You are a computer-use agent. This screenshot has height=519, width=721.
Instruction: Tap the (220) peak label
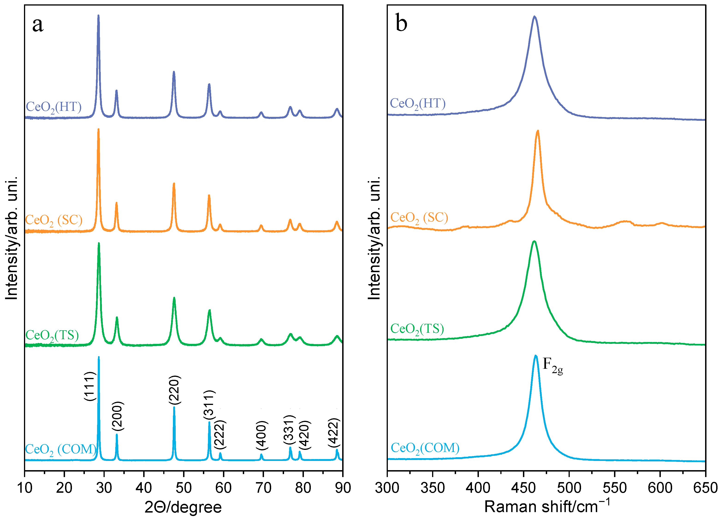(175, 390)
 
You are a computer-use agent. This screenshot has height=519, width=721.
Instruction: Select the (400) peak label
(262, 435)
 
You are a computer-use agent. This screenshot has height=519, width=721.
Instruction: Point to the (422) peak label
(334, 433)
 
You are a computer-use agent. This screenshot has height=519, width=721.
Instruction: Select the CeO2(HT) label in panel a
(53, 107)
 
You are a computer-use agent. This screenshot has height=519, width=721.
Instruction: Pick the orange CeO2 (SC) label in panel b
(419, 218)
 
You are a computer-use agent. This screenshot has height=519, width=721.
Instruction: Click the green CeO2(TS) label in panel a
(52, 335)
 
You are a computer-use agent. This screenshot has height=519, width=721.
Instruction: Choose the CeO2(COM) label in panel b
(425, 448)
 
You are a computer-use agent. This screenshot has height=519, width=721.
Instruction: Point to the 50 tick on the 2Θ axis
(184, 487)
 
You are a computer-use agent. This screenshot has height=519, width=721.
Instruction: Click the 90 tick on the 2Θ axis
(343, 487)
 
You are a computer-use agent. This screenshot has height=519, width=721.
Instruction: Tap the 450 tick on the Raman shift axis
(523, 487)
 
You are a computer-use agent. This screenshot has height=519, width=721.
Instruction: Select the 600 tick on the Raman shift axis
(660, 487)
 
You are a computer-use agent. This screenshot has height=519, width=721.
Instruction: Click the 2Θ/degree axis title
(183, 507)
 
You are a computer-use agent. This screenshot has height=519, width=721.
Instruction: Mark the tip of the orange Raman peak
(537, 131)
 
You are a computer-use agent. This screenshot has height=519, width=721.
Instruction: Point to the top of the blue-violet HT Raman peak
(534, 17)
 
